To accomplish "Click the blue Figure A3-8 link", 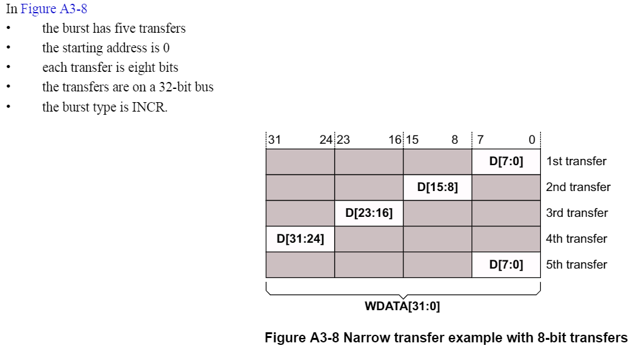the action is [x=54, y=9].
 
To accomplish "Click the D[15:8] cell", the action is [x=438, y=187].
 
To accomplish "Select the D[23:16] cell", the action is [x=369, y=213].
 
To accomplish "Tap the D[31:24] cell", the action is [x=300, y=239].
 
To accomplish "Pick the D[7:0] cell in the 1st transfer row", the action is [x=506, y=161].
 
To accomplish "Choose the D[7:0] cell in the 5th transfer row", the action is [x=506, y=265].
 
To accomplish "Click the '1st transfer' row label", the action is [x=576, y=161].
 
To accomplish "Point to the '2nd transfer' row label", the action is [x=578, y=187].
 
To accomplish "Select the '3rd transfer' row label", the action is [x=577, y=213].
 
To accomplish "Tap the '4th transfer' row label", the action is [x=577, y=239].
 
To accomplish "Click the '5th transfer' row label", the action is [x=577, y=265].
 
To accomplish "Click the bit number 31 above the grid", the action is [x=274, y=140].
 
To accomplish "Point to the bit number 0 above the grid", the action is [x=531, y=140].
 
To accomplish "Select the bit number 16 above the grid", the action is [x=395, y=140].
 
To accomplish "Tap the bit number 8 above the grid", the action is [x=455, y=140].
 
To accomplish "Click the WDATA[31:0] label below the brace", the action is [x=402, y=307].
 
